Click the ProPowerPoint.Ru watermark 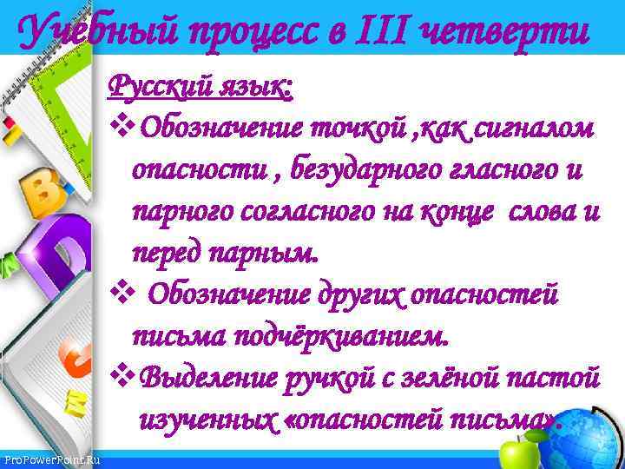tap(51, 458)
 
